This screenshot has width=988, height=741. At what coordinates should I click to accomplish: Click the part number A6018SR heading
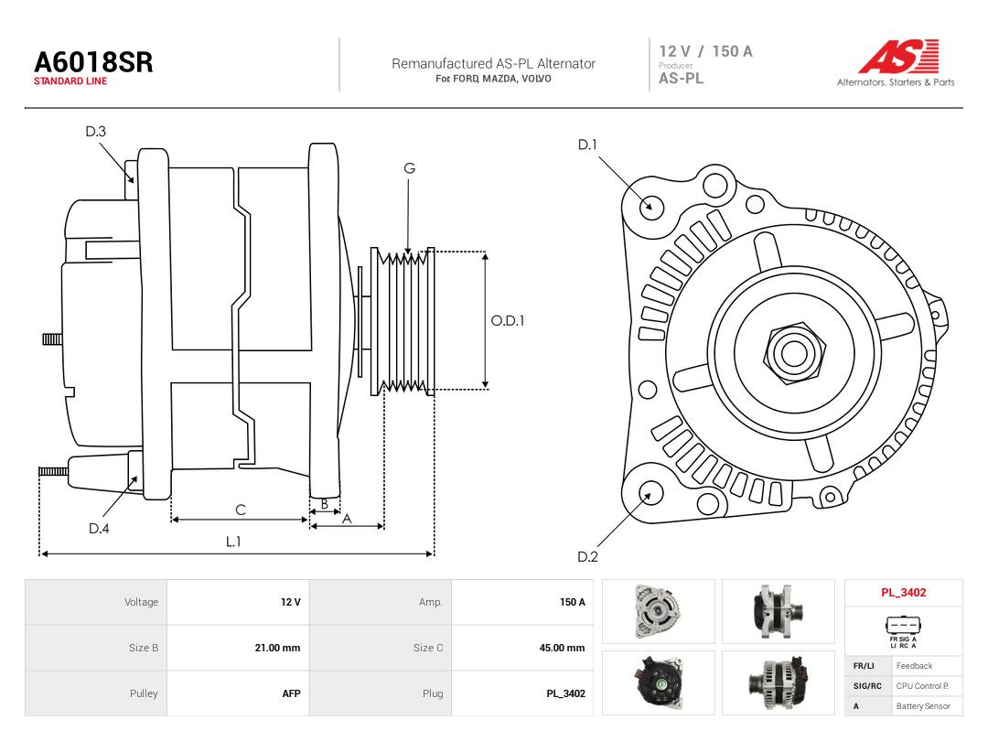[93, 62]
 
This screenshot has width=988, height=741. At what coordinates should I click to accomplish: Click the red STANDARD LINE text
[70, 81]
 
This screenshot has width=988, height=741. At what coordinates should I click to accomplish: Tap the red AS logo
[898, 56]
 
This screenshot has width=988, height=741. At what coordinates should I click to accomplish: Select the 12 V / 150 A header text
[705, 51]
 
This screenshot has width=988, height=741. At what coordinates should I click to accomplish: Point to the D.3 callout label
[96, 131]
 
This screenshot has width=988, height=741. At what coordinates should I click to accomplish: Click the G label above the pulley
[410, 168]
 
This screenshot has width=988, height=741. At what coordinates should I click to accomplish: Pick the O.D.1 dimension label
[508, 321]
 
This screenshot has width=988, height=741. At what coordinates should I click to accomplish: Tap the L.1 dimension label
[233, 542]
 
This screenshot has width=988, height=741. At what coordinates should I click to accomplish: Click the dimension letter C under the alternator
[241, 510]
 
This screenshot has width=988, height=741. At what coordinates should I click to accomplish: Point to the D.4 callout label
[99, 529]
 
